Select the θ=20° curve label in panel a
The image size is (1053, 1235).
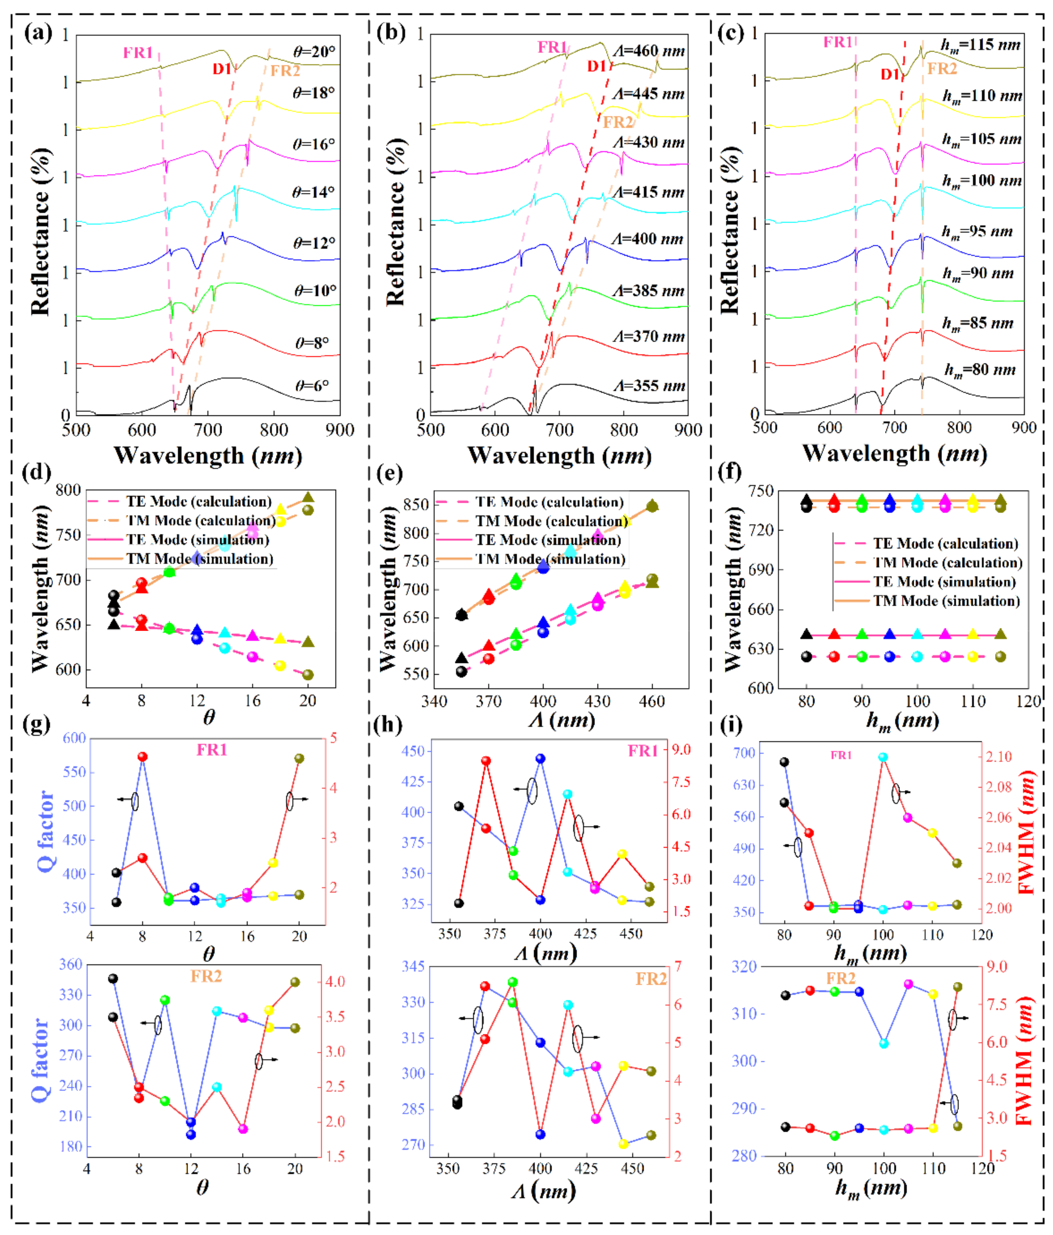(x=314, y=52)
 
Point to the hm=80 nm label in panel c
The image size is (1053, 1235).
(x=980, y=370)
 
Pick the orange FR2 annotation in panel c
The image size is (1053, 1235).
(x=941, y=68)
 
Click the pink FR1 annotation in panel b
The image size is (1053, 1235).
(x=552, y=47)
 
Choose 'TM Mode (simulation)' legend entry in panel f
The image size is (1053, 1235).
(x=946, y=601)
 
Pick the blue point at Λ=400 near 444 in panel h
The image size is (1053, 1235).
(x=540, y=759)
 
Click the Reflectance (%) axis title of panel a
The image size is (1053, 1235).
(x=40, y=231)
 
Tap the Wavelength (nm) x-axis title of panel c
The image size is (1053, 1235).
(x=894, y=454)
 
